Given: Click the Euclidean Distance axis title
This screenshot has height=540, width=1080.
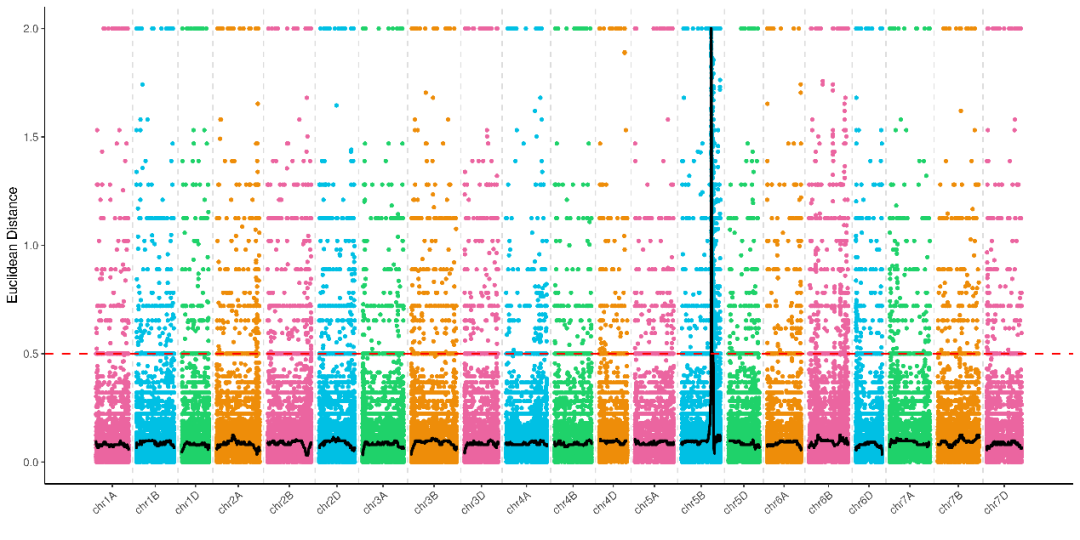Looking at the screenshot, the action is (x=12, y=245).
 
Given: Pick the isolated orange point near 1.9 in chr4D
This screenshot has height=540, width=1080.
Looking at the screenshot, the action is (x=625, y=52).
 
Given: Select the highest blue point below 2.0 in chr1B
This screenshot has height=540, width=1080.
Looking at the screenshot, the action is (x=143, y=85).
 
